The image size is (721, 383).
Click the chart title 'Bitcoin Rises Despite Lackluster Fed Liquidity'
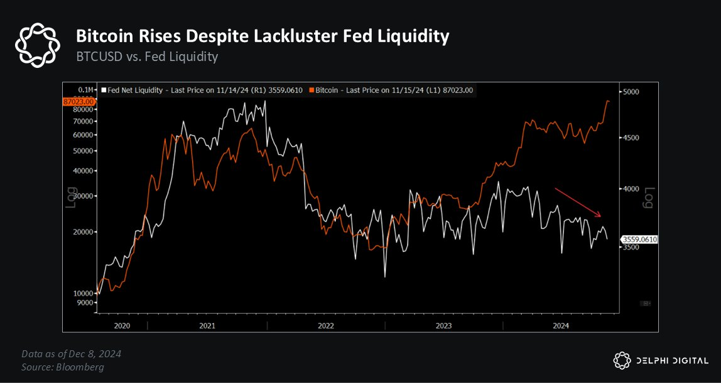click(x=263, y=36)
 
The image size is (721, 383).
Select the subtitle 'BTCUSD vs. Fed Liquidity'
click(x=147, y=57)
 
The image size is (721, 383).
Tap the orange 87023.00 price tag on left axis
click(x=79, y=101)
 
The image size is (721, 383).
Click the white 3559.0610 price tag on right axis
click(x=639, y=239)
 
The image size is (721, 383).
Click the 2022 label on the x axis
click(x=325, y=325)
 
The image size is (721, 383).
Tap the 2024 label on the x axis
click(x=561, y=325)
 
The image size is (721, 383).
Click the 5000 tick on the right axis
click(x=630, y=92)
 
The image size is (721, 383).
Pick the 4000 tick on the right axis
click(x=630, y=189)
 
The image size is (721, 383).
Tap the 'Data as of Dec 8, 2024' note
click(x=71, y=353)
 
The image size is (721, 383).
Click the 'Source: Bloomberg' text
click(x=63, y=367)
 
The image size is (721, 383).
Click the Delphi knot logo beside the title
click(x=38, y=45)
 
